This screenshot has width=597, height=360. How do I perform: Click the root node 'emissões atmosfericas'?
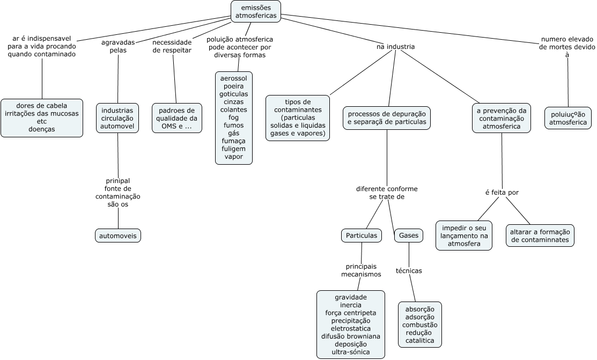click(256, 11)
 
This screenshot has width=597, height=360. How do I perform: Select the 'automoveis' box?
click(118, 236)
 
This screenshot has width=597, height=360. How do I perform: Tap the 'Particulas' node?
click(362, 236)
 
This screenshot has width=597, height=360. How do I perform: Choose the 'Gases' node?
click(409, 236)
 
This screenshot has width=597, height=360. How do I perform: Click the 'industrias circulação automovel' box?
click(117, 118)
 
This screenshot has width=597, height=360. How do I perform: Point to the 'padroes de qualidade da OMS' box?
click(177, 118)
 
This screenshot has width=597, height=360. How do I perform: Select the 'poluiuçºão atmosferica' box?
click(568, 118)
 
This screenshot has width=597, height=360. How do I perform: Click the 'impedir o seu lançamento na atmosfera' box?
click(464, 236)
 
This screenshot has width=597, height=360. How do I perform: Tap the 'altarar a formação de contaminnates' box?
click(540, 236)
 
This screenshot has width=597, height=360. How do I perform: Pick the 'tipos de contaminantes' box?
click(298, 117)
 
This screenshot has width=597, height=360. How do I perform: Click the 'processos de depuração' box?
click(387, 118)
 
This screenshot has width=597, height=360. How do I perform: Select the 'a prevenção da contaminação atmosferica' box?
click(502, 118)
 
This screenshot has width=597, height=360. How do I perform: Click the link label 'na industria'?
click(396, 47)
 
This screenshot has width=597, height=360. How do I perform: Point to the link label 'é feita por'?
click(502, 193)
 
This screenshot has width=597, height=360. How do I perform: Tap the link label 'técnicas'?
click(409, 270)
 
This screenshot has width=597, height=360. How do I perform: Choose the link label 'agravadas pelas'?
click(118, 46)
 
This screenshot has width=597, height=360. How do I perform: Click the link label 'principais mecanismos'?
click(361, 270)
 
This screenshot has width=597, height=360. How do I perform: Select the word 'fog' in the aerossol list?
click(234, 117)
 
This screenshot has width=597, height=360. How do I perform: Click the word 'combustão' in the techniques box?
click(420, 325)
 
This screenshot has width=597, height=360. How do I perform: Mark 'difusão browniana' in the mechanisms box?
click(351, 336)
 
